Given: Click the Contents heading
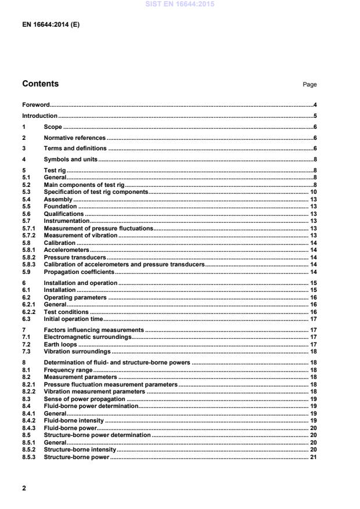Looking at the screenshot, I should coord(40,84).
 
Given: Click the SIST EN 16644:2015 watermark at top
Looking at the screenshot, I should coord(179,5).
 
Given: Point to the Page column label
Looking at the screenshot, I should coord(309,85).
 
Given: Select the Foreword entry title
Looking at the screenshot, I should coord(35,105).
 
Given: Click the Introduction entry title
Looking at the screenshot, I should coord(39,116).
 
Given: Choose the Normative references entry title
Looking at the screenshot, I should coord(74,138).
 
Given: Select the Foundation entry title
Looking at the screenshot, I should coord(60,206).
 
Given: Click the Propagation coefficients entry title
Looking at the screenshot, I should coord(79,272).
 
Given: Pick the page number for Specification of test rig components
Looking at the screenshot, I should coord(312,192).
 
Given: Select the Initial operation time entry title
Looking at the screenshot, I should coord(73,319).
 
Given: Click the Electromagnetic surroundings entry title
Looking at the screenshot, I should coord(88,337).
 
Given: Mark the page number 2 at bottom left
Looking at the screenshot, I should coord(24,489).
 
